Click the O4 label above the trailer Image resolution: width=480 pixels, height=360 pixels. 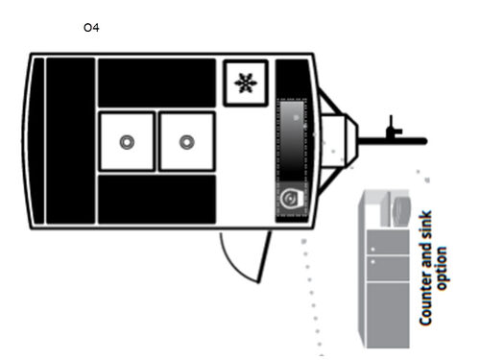click(92, 28)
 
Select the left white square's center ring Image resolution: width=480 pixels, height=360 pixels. click(127, 142)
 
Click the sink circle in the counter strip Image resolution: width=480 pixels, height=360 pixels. click(290, 199)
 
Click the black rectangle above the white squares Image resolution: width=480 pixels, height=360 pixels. click(156, 84)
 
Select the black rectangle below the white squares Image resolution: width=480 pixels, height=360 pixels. click(156, 200)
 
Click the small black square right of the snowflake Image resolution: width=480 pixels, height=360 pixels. click(291, 77)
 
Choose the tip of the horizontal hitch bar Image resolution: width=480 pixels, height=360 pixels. click(422, 141)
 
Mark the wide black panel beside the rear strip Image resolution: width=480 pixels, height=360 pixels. click(70, 141)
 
